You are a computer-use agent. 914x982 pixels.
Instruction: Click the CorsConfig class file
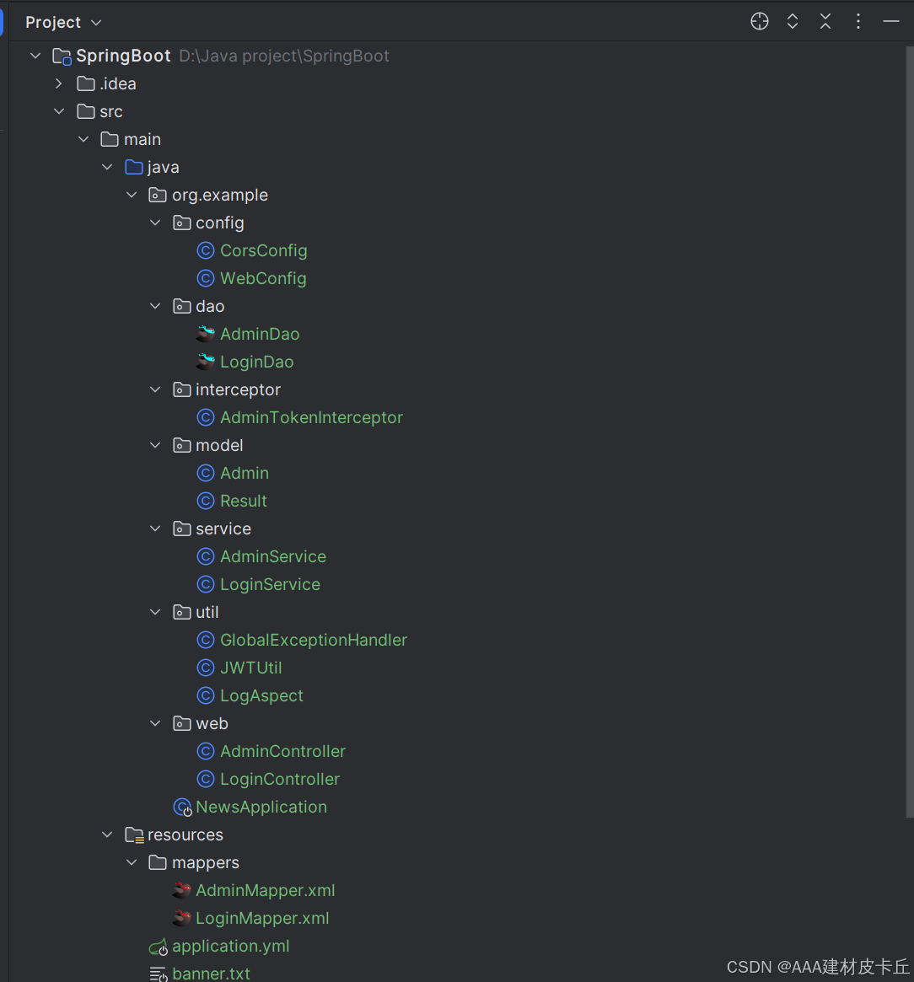263,250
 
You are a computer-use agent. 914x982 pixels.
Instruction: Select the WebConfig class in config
263,278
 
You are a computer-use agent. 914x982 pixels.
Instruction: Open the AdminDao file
260,334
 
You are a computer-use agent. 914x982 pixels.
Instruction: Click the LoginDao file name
256,362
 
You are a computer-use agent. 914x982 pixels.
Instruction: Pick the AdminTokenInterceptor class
311,417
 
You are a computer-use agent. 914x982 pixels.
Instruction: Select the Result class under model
243,501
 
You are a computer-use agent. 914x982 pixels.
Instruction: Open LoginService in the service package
270,584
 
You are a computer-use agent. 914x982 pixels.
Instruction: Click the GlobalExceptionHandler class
313,640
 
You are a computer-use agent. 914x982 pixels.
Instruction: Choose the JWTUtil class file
250,668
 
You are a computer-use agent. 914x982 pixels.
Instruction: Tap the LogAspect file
261,695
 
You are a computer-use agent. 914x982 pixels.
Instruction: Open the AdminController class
282,751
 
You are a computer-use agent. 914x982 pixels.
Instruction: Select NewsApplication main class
261,807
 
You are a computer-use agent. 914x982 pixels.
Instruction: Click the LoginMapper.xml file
262,918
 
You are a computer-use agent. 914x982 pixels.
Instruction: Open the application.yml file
230,946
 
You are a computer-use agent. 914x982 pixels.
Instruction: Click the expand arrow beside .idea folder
58,83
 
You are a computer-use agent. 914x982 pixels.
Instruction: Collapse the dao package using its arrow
155,306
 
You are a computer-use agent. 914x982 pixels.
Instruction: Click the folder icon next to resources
134,834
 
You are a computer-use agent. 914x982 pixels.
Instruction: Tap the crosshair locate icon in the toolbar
760,22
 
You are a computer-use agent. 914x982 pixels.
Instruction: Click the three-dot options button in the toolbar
858,22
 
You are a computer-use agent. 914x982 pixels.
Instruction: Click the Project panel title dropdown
63,22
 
